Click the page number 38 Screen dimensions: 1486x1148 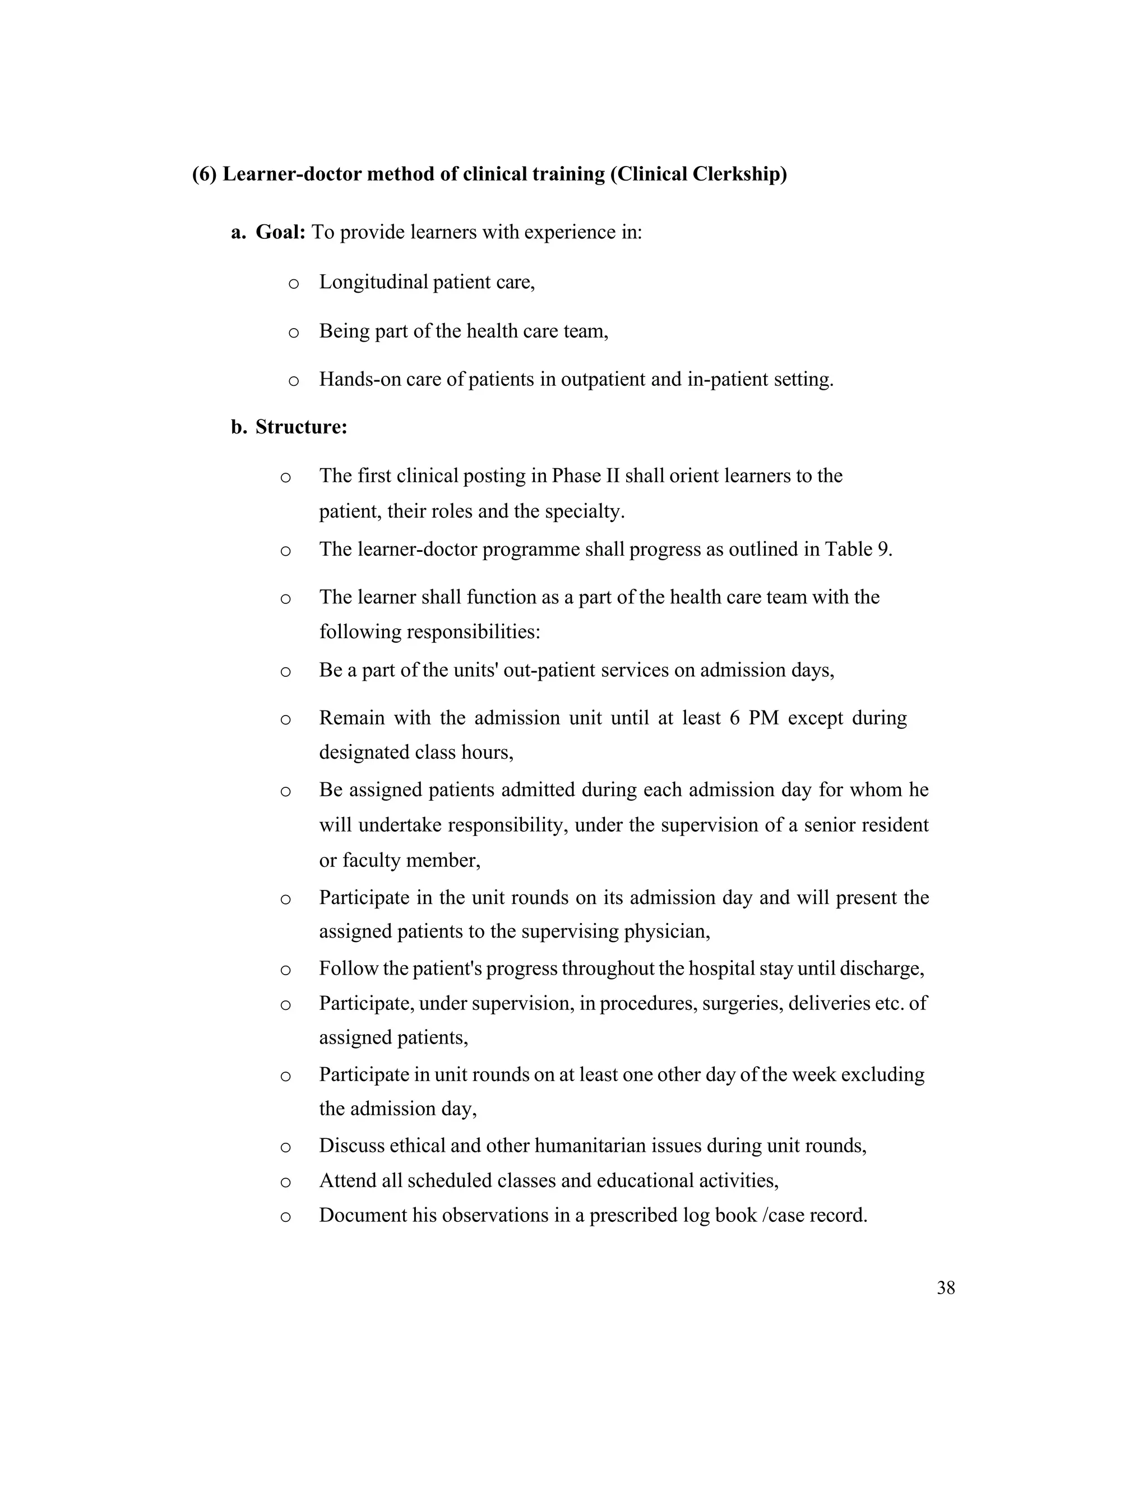coord(945,1288)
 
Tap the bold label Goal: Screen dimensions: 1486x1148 coord(280,233)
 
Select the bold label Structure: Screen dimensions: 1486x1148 coord(301,427)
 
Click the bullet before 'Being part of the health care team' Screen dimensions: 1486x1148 coord(294,333)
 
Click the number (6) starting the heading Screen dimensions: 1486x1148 coord(204,174)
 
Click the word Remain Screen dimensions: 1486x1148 coord(351,718)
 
